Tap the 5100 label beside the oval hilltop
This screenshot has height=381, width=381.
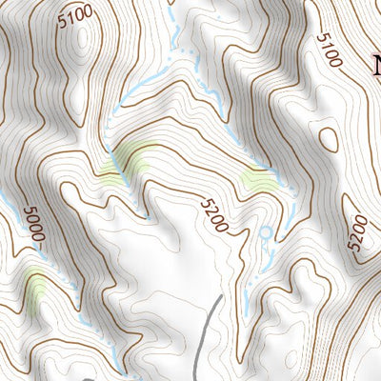pos(75,16)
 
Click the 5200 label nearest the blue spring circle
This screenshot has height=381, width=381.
pos(215,214)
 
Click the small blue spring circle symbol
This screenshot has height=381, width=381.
pos(265,231)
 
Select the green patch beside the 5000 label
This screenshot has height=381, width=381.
pos(36,291)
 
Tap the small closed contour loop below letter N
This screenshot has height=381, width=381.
pos(330,139)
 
